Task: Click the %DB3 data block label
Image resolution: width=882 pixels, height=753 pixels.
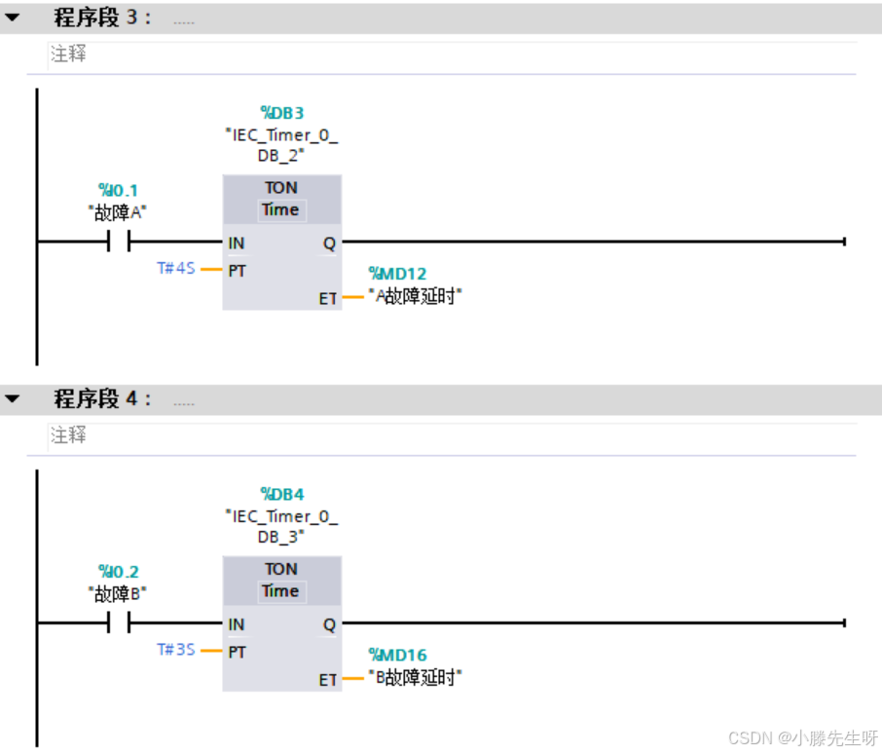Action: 281,113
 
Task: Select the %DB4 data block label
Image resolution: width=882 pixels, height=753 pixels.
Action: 281,494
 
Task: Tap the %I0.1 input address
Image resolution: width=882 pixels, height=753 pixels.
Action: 118,190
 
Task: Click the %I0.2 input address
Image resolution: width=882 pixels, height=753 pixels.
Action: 118,572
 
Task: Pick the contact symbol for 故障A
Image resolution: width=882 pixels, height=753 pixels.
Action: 119,242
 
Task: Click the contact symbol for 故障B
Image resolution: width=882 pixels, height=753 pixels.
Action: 119,623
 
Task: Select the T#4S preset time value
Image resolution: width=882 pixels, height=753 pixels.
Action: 177,268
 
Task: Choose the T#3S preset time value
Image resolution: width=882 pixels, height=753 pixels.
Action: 177,650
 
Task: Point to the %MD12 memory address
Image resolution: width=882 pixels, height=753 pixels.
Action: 397,274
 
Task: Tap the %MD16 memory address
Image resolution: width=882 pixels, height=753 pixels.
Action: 397,656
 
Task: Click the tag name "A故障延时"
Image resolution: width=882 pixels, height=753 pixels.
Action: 415,296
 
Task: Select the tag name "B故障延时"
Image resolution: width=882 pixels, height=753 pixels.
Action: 415,678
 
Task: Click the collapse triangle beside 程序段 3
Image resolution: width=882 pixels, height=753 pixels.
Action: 13,18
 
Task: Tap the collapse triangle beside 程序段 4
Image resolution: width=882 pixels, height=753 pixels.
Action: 13,399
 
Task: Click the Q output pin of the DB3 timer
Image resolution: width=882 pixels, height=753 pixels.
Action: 329,244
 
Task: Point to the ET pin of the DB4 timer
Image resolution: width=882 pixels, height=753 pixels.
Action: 328,680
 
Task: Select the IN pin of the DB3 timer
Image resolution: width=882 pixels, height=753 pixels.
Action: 237,244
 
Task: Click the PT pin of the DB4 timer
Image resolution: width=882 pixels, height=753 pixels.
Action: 237,652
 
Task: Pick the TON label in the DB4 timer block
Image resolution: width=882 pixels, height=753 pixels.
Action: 281,569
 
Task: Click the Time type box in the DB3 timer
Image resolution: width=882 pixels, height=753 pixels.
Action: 281,209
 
